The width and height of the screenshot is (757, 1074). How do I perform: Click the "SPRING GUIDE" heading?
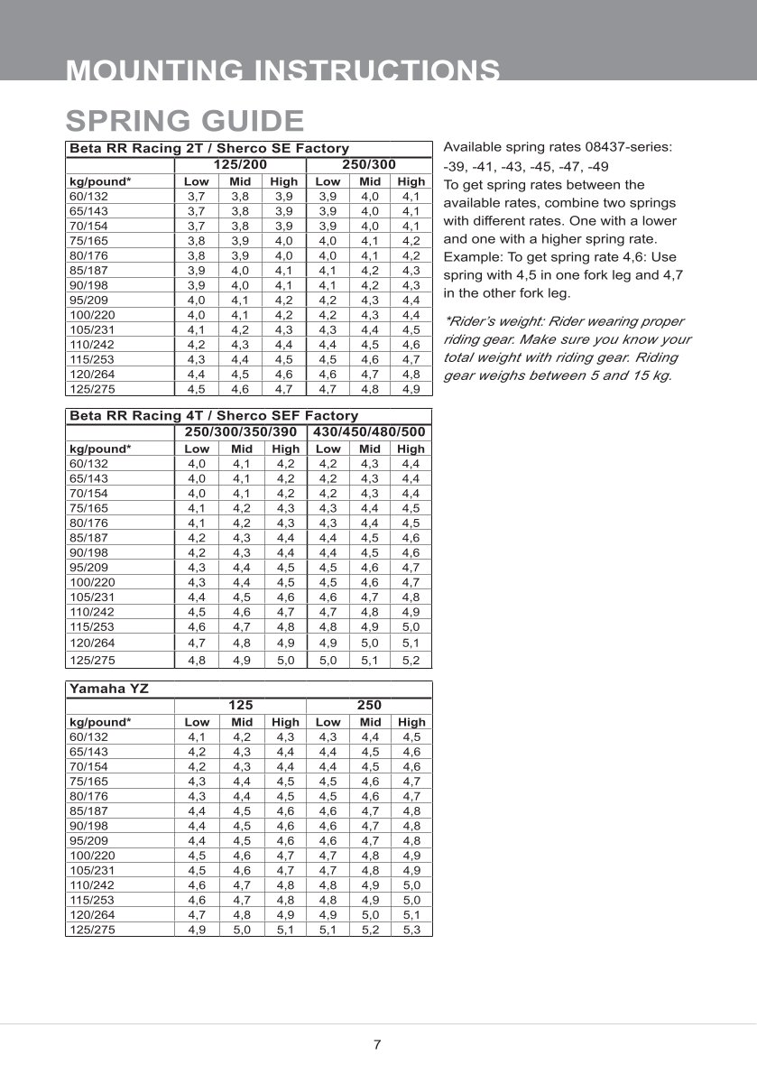click(185, 120)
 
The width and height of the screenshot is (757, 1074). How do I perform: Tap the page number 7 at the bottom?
click(377, 1045)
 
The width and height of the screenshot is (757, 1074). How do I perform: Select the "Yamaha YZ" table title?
click(109, 689)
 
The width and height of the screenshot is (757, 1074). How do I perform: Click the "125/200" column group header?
click(239, 165)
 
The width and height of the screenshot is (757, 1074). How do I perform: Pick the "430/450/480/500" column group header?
click(370, 432)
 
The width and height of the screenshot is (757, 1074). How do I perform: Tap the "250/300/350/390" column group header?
click(240, 432)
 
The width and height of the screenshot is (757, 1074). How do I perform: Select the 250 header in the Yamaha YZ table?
click(369, 705)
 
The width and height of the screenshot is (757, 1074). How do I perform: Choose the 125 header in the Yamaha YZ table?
click(240, 705)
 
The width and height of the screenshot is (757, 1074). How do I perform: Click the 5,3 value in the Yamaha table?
click(411, 929)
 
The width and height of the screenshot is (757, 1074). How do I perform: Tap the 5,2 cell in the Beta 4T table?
click(411, 660)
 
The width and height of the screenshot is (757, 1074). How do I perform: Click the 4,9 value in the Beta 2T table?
click(411, 389)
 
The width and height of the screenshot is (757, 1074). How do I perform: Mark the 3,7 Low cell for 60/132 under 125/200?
click(196, 196)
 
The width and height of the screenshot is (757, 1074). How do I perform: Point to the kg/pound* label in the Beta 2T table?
click(100, 181)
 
